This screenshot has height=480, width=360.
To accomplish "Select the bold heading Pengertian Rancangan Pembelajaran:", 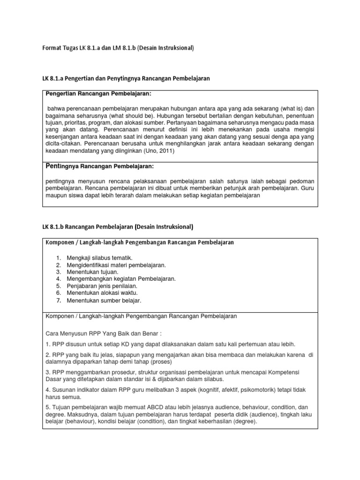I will (x=98, y=94).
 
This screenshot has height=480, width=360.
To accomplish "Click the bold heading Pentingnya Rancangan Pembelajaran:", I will (x=99, y=166).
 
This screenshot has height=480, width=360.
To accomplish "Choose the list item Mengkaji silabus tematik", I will (x=99, y=258).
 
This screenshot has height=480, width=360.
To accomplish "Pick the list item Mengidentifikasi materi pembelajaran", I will (x=116, y=265).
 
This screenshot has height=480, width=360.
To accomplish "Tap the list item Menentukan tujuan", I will (x=92, y=272).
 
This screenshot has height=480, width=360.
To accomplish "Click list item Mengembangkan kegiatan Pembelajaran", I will (x=121, y=279).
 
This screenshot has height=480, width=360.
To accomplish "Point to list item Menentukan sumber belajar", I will (x=104, y=300).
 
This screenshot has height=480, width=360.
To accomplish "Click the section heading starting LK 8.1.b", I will (x=117, y=227).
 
